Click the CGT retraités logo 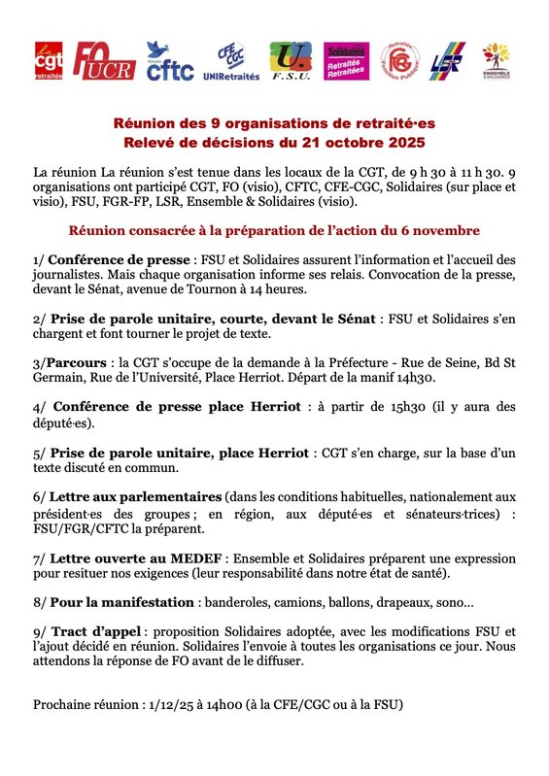point(50,61)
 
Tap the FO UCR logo point(104,61)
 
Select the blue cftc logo point(170,61)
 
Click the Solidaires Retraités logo point(345,61)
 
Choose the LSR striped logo point(448,61)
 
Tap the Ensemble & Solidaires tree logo point(496,61)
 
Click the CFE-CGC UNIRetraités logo point(229,61)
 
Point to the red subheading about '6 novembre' point(273,230)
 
